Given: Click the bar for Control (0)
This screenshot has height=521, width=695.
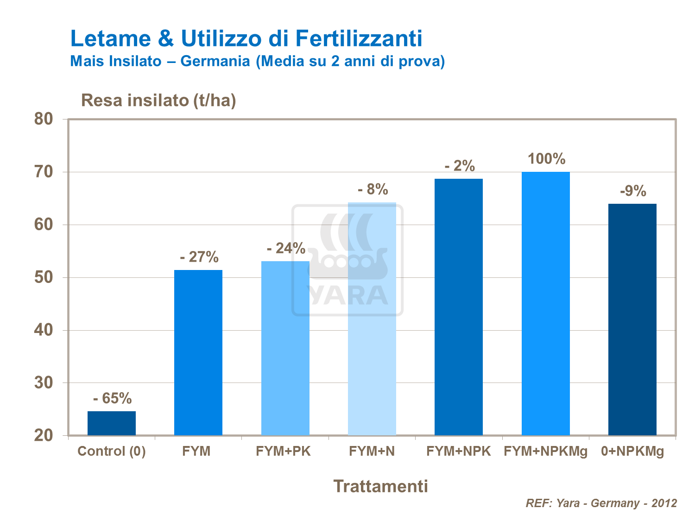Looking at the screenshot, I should coord(112,423).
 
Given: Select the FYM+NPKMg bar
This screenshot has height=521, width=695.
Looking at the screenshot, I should coord(545,303).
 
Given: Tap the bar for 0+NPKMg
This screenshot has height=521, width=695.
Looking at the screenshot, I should coord(632,320).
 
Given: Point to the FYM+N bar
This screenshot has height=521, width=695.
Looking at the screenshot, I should coord(372,319).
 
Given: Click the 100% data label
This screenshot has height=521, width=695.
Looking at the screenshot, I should coord(546,159).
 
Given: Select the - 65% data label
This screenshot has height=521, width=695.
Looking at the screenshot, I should coord(112,398).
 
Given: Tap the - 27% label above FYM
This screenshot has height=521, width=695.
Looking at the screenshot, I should coord(199,257).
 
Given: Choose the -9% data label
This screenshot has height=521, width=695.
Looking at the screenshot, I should coord(632,191).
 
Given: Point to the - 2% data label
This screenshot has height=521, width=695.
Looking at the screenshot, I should coord(459,166).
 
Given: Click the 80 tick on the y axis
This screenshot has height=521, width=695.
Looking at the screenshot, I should coord(44,119).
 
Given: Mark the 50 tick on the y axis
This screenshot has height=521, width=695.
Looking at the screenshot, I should coord(44,277).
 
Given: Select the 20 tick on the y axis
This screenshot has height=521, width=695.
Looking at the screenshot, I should coord(44,436).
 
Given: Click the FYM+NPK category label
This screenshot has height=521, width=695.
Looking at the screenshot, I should coord(458,451).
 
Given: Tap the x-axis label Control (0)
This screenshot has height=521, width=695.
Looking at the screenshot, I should coord(112,451).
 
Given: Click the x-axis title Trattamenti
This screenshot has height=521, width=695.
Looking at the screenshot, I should coord(380,486).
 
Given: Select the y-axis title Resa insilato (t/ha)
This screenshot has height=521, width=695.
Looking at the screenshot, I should coord(158,100).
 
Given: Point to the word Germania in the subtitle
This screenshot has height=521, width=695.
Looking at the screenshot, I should coord(215,61).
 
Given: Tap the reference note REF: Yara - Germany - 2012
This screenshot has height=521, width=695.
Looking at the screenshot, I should coord(601,503).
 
